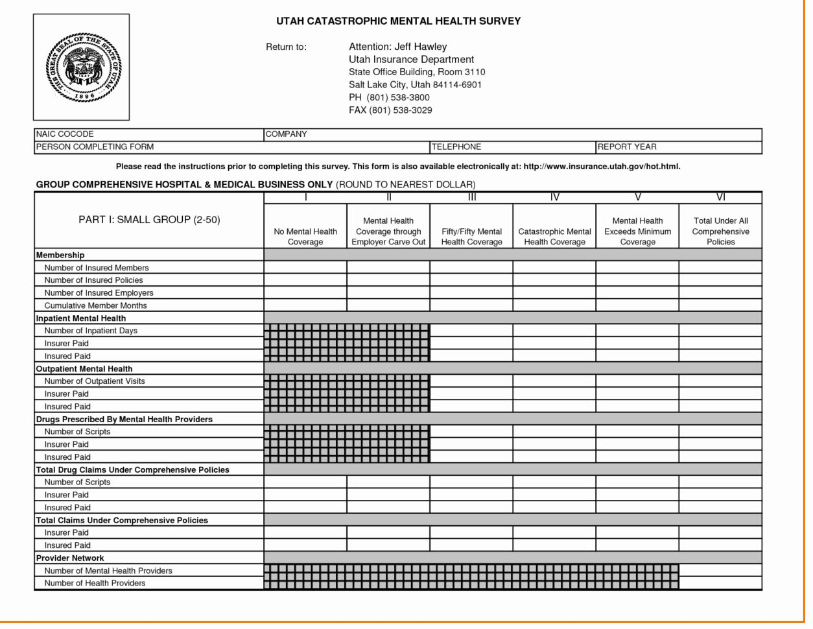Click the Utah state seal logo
(x=82, y=67)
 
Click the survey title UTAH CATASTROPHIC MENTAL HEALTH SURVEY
(x=398, y=21)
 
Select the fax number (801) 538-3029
(x=400, y=110)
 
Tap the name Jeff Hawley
(x=421, y=47)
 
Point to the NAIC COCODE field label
(x=65, y=134)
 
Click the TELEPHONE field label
(x=457, y=147)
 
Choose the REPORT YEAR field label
(x=627, y=147)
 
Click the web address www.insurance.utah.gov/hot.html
(x=601, y=167)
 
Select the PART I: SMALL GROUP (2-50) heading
(x=149, y=220)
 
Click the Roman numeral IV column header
(x=554, y=198)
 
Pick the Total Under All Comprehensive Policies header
(x=720, y=231)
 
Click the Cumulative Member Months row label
(x=95, y=305)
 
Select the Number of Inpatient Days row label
(x=91, y=331)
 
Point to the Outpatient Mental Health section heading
(x=84, y=369)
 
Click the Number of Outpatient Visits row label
(x=95, y=381)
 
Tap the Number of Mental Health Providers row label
(x=108, y=571)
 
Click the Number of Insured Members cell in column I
(x=305, y=268)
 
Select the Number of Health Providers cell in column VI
(x=720, y=584)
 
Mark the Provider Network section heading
(x=70, y=558)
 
